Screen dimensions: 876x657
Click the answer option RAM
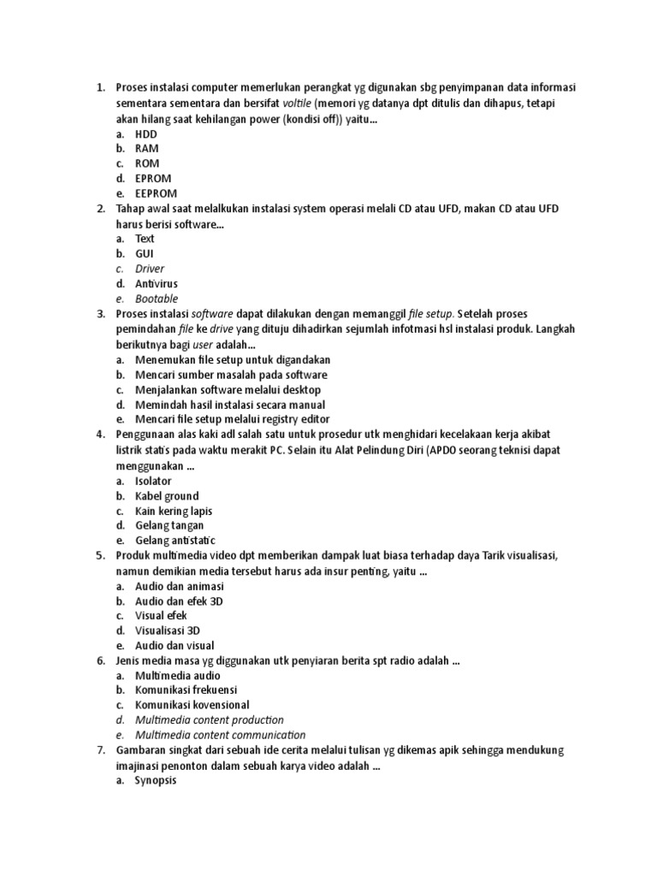(x=146, y=149)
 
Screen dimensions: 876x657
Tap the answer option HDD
(x=145, y=134)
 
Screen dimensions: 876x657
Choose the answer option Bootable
(x=157, y=299)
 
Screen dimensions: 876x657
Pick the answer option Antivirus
(x=157, y=283)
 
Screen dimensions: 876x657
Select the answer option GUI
(x=145, y=254)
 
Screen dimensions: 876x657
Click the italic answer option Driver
(x=150, y=269)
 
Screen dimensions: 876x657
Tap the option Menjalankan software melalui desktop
(x=231, y=390)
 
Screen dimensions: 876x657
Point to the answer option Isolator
(x=153, y=481)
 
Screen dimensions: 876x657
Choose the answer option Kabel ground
(x=167, y=496)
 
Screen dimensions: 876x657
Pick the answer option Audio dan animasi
(x=180, y=586)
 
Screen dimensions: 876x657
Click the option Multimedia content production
(x=209, y=720)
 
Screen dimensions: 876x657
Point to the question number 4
(x=99, y=435)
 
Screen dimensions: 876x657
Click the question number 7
(x=99, y=750)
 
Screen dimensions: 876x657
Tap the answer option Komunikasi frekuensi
(x=186, y=690)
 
